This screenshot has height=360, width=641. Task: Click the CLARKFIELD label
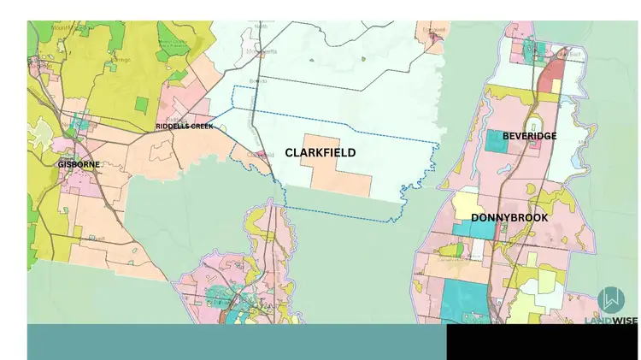pos(320,153)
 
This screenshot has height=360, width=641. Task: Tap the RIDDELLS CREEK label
pos(184,127)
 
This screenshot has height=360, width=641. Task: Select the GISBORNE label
pos(79,164)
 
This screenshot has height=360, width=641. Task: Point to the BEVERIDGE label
pos(530,136)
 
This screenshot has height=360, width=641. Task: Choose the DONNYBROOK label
pos(509,218)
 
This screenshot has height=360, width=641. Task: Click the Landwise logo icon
pos(610,299)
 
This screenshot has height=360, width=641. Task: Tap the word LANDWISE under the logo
pos(610,320)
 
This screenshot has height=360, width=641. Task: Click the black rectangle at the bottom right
pos(542,341)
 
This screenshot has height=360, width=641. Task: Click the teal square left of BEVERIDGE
pos(497,140)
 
